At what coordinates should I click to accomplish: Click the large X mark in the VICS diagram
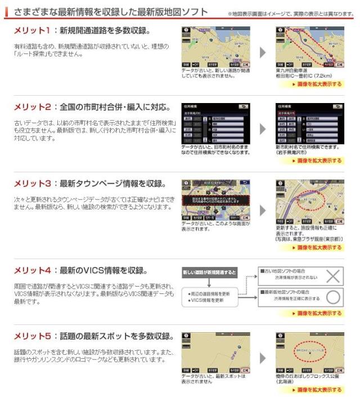[x=334, y=277]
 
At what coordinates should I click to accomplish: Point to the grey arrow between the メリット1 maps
[x=263, y=52]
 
